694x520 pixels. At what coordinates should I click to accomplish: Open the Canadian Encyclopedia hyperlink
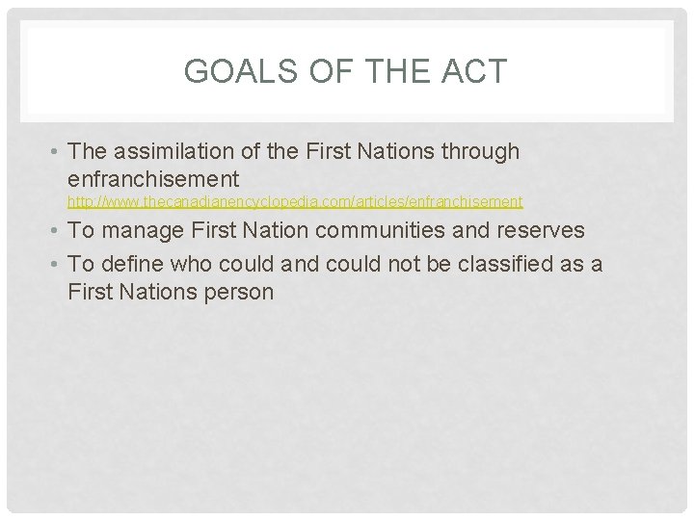pos(294,202)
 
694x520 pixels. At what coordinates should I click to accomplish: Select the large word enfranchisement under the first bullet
pos(153,178)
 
